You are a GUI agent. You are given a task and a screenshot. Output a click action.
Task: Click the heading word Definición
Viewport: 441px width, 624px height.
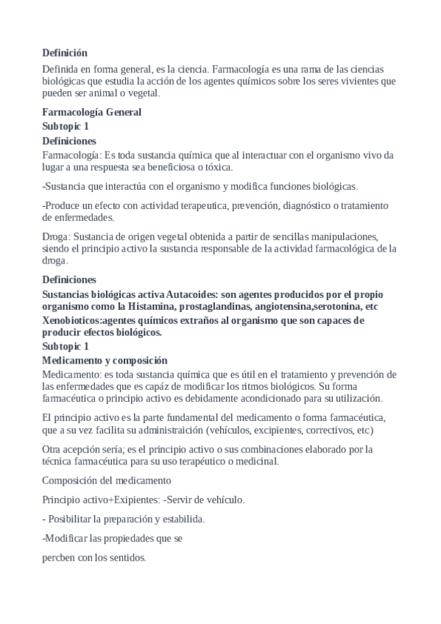(65, 52)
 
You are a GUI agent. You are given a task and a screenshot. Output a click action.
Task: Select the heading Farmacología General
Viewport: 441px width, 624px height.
(91, 113)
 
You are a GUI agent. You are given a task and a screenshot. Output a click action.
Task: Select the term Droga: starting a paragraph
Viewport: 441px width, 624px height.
(57, 236)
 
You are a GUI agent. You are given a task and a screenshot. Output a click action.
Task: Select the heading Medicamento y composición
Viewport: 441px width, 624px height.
(105, 360)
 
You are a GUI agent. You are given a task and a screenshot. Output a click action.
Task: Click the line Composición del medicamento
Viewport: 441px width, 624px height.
(107, 481)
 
